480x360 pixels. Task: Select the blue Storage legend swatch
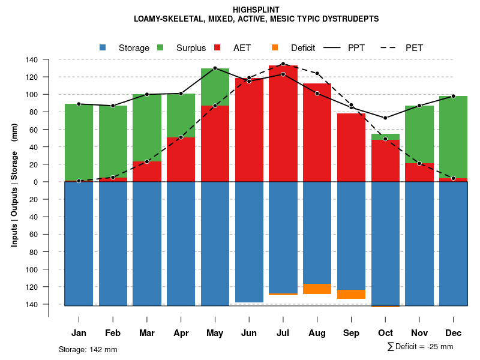pos(103,47)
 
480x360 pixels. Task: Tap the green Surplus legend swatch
pos(160,47)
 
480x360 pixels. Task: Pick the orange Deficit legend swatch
pos(275,47)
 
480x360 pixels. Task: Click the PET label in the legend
pos(414,48)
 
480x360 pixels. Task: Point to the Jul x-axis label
pos(283,333)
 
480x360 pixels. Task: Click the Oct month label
pos(385,333)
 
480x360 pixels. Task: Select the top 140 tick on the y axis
pos(32,60)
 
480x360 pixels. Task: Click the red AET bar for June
pos(249,130)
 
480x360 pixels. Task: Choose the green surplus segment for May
pos(215,87)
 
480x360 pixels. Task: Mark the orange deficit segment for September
pos(352,294)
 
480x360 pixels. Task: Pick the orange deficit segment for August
pos(317,289)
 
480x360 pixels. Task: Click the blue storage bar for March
pos(147,244)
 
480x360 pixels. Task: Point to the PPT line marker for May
pos(215,68)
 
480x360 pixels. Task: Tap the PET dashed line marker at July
pos(283,64)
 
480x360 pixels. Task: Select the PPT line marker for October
pos(385,118)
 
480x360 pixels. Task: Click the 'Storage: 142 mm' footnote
pos(88,349)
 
